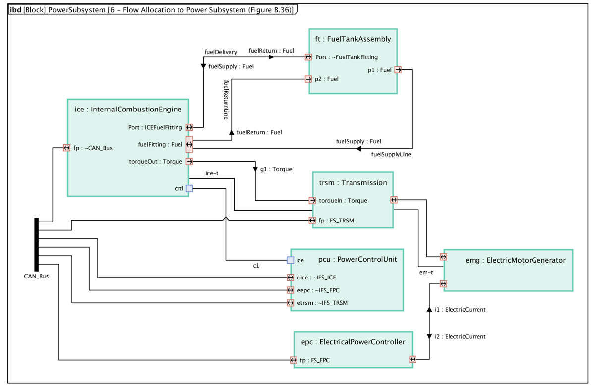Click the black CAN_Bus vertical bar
click(x=36, y=244)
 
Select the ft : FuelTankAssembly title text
click(x=353, y=39)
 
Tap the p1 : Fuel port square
click(x=398, y=70)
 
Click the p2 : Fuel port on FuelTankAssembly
click(x=308, y=79)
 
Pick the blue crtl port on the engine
click(x=189, y=188)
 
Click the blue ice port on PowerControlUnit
click(x=291, y=260)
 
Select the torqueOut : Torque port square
click(x=189, y=161)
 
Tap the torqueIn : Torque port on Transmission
click(x=312, y=201)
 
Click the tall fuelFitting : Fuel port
click(x=189, y=144)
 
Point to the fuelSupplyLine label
click(x=391, y=154)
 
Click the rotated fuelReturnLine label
click(x=226, y=100)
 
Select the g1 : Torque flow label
click(x=276, y=169)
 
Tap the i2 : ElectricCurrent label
click(x=460, y=336)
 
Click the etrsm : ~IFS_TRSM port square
click(x=291, y=303)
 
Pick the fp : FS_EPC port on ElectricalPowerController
click(x=295, y=360)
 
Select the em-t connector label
click(x=426, y=272)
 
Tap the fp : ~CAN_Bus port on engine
click(x=67, y=148)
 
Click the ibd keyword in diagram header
click(x=15, y=10)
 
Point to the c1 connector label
click(x=256, y=266)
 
